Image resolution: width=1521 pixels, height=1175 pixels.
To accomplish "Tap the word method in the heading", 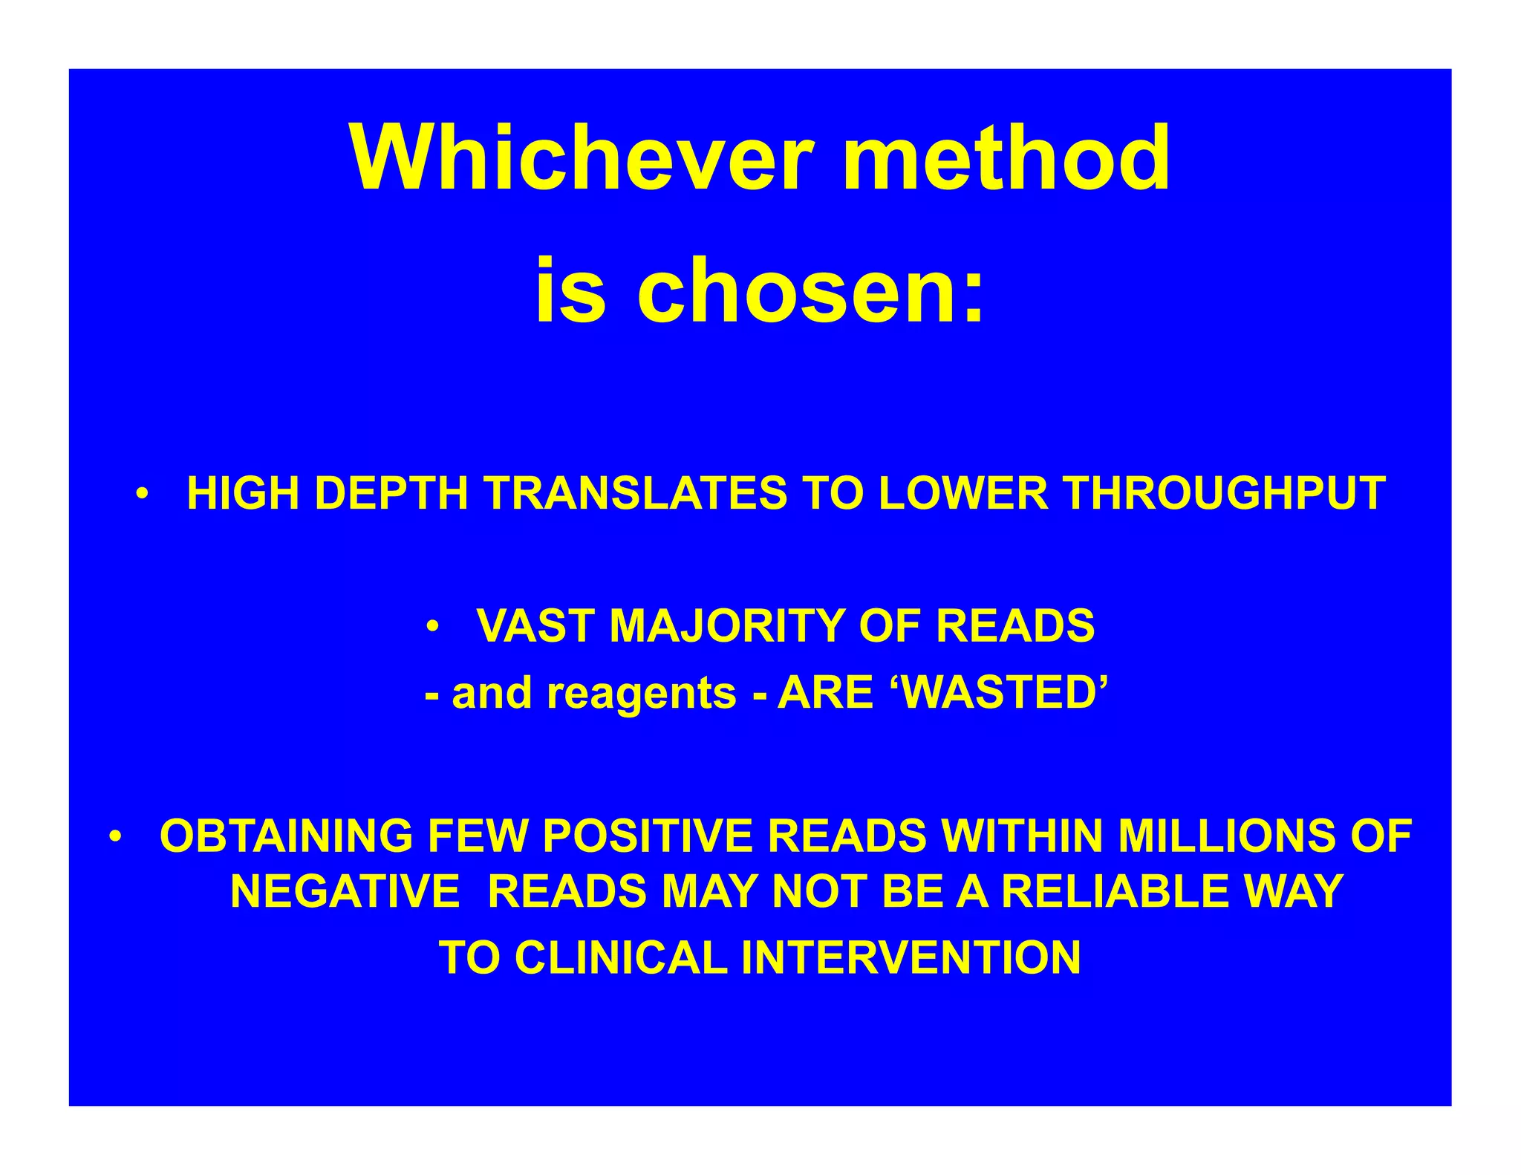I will (x=1006, y=158).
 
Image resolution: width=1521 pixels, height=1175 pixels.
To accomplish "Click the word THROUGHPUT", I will (x=1225, y=493).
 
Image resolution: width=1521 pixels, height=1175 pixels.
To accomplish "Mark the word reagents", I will (x=642, y=694).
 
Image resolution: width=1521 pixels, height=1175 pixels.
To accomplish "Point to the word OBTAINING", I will (x=287, y=836).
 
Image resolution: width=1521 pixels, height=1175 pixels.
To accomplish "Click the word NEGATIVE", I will (x=345, y=891).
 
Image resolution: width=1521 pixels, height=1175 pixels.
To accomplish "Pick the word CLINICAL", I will (x=621, y=957).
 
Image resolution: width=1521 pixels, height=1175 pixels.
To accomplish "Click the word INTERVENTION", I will (x=911, y=957).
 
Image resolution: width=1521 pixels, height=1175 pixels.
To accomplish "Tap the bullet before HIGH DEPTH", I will (x=143, y=493).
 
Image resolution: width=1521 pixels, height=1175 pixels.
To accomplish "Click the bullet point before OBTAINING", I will (x=114, y=836).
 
